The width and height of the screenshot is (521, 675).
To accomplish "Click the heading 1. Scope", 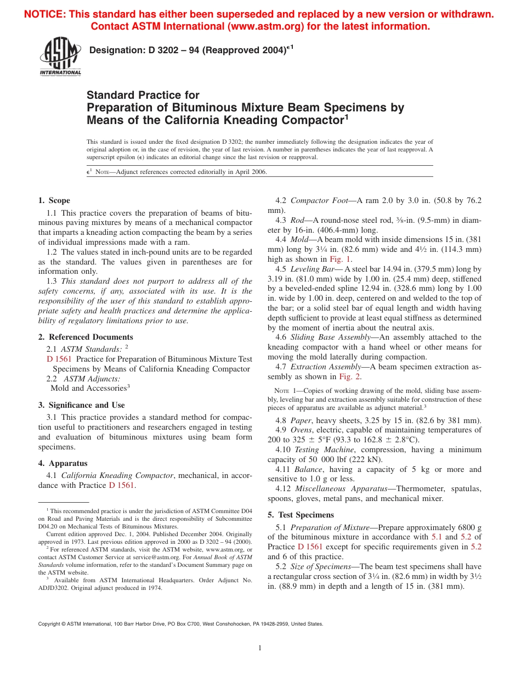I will (54, 200).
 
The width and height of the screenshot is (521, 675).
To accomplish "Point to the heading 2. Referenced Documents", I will (86, 337).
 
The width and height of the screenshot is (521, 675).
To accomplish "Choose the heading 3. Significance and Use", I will (82, 405).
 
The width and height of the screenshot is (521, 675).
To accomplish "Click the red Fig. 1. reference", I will (341, 259).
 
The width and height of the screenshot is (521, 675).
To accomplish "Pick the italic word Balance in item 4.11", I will (308, 469).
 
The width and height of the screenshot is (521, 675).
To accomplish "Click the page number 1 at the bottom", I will (260, 648).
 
